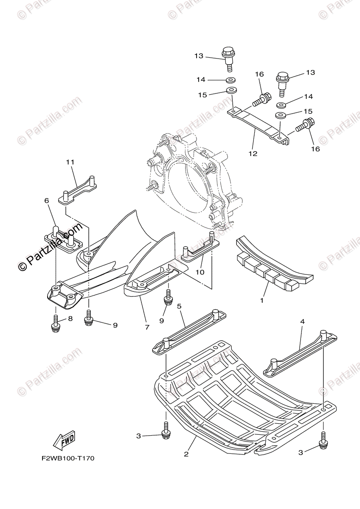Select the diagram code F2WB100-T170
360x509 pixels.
67,459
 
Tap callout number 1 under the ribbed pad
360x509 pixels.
262,300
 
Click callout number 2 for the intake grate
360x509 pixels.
186,454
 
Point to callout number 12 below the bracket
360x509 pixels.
253,154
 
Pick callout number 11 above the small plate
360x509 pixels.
70,162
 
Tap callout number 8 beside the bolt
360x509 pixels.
70,319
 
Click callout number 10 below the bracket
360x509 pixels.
200,271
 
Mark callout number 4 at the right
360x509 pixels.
302,322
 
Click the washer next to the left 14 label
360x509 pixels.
231,80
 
